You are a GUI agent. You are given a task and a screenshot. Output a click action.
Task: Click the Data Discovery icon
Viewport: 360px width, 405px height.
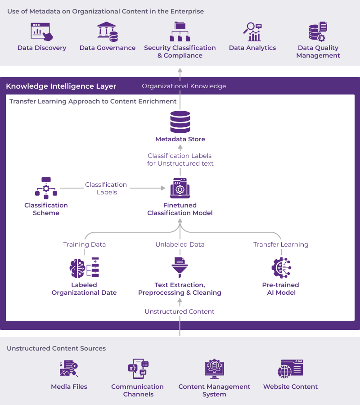coord(41,32)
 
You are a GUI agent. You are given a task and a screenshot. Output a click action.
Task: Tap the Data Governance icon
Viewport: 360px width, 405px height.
coord(108,32)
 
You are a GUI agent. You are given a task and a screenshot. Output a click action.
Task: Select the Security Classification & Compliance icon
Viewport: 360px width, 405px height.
coord(180,31)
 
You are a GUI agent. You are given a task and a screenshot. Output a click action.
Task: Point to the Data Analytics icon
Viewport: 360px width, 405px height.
coord(252,32)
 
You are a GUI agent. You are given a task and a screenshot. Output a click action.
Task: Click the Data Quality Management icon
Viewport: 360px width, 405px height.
coord(318,32)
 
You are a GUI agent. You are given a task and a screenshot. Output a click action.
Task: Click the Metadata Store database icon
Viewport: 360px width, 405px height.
coord(180,122)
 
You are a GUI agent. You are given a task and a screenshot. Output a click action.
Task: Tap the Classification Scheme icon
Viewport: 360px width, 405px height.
coord(46,188)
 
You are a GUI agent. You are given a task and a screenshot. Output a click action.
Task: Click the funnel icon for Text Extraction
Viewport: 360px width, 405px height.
coord(180,268)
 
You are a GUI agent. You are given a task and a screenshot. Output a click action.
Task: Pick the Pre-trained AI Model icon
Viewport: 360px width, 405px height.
coord(281,268)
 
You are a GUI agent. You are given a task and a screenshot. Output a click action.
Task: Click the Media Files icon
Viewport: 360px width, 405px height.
coord(69,369)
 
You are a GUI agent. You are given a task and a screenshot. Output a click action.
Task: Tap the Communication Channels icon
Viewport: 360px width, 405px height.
coord(138,369)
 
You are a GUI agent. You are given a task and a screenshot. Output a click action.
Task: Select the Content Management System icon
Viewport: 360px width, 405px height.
coord(214,369)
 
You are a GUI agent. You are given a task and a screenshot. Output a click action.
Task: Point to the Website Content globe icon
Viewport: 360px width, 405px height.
coord(290,369)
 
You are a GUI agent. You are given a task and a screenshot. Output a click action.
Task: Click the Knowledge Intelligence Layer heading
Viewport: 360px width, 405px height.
coord(61,86)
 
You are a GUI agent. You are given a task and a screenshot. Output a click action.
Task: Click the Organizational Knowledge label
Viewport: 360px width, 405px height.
coord(184,86)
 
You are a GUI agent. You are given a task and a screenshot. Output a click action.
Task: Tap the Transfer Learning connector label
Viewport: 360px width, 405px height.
coord(281,244)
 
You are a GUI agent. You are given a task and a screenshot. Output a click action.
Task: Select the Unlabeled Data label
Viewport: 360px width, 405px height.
coord(180,244)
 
